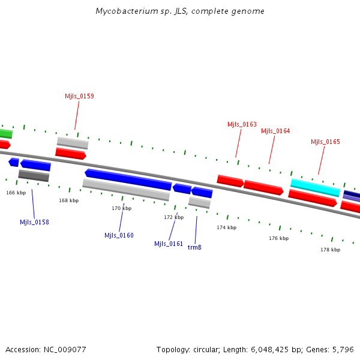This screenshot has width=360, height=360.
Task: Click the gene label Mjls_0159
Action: (79, 96)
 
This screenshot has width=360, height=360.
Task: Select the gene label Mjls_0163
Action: (242, 124)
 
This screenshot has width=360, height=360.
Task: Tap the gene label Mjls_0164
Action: (275, 131)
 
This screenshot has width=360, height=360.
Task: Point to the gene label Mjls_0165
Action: (325, 142)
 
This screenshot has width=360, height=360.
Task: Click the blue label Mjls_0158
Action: (34, 222)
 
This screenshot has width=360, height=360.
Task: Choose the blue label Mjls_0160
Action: (119, 235)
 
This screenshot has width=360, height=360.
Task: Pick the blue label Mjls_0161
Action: (169, 244)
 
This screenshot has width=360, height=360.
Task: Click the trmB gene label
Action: (194, 247)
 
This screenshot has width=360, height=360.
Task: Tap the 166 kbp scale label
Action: (16, 193)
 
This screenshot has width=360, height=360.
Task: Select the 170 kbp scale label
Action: (121, 208)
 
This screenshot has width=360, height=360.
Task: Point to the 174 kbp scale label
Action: (227, 227)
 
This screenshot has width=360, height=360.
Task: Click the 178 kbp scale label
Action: (330, 250)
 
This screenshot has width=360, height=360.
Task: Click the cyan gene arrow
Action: (315, 187)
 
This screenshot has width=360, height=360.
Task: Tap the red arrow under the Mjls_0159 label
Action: (71, 154)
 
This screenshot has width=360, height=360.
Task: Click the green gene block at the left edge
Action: (5, 133)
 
